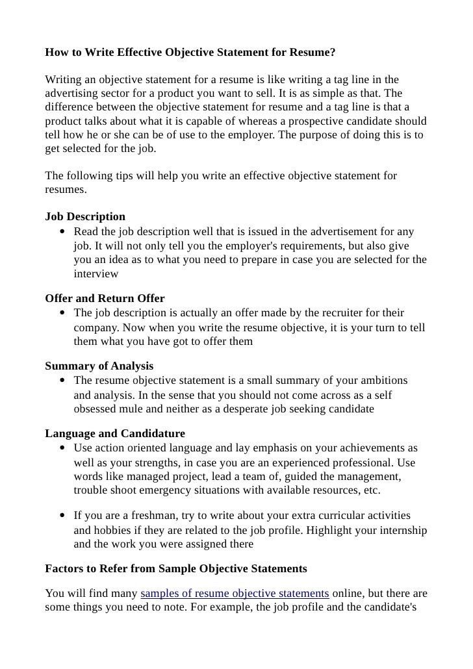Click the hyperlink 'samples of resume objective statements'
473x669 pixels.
(235, 594)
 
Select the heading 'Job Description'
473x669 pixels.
(85, 216)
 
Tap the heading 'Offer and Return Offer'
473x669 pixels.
(105, 299)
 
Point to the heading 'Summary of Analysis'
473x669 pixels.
(99, 366)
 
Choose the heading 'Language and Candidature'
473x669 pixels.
(115, 433)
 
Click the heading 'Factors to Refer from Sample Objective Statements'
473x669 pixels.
(175, 568)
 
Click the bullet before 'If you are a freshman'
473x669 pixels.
(61, 516)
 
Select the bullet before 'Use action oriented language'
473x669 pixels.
(61, 449)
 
